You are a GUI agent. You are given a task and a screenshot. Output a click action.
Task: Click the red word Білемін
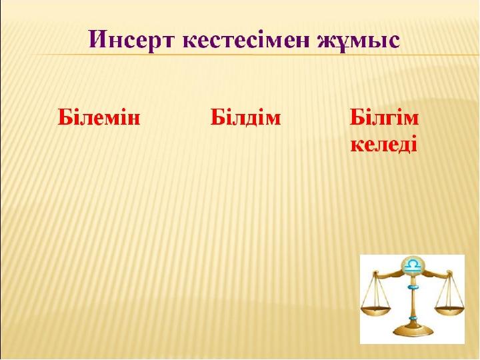point(99,117)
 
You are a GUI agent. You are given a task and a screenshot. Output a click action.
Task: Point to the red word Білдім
point(245,117)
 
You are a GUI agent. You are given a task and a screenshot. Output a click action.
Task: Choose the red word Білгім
point(384,117)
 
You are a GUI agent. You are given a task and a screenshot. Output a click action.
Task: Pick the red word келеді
point(384,143)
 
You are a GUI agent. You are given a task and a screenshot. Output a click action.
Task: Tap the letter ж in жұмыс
point(326,42)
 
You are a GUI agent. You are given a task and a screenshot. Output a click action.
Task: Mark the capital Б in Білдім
point(217,117)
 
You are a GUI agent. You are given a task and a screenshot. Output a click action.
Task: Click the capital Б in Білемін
point(64,117)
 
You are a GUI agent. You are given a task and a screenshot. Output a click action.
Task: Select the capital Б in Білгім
point(357,117)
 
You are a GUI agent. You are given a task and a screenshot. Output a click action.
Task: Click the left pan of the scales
point(376,309)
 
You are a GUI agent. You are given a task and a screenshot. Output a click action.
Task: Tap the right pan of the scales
point(449,310)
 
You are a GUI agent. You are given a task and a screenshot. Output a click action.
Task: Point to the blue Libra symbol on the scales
point(412,265)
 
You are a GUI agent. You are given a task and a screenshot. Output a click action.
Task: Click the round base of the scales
point(413,331)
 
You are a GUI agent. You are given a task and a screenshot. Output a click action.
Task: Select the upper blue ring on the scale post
point(413,287)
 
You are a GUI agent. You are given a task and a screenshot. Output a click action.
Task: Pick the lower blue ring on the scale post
point(413,319)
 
